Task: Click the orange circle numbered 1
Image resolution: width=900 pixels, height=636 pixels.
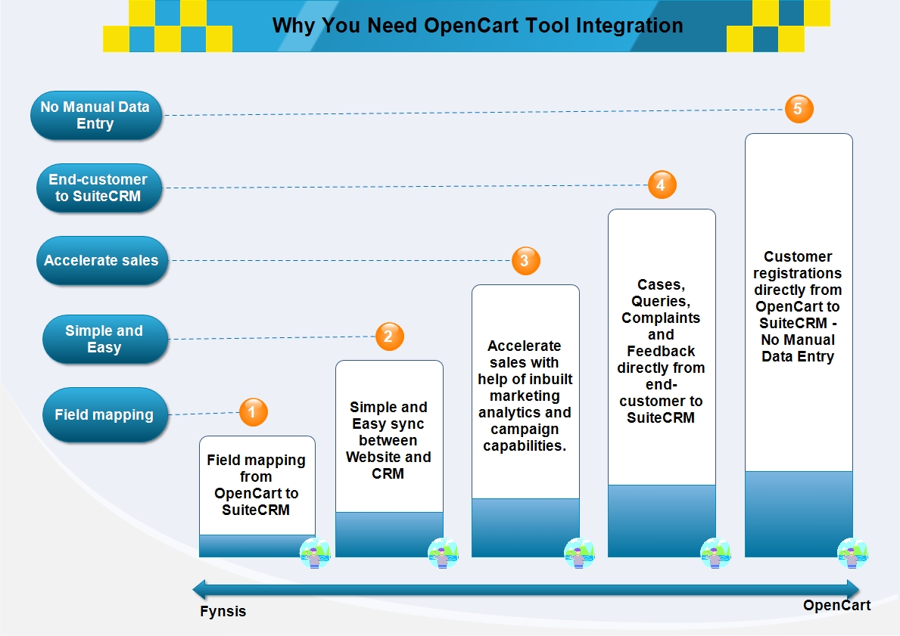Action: pos(253,411)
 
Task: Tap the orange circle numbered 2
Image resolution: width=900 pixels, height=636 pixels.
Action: pos(390,336)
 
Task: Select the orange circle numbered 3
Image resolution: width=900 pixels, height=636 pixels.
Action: pos(526,260)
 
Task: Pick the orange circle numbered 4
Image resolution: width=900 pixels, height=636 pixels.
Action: pos(662,185)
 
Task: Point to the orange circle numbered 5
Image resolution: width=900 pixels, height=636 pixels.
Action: pos(799,108)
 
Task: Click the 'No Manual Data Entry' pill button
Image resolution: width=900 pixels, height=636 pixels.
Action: pos(96,115)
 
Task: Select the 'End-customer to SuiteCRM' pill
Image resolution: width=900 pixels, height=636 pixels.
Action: pos(98,188)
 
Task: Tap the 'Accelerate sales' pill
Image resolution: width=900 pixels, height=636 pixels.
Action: pos(102,260)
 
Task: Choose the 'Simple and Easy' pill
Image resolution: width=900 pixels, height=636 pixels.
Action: pos(105,340)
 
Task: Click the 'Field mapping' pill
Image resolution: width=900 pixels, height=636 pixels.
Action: pos(105,414)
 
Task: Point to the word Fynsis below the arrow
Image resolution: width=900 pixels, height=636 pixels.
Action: pos(223,611)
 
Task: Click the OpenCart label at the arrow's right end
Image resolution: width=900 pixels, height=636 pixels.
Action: pos(837,605)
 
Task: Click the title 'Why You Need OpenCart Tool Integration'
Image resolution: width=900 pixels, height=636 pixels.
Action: pos(478,26)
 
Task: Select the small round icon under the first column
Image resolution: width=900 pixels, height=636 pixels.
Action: pos(315,554)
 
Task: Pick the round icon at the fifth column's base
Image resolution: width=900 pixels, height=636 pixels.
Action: pos(853,554)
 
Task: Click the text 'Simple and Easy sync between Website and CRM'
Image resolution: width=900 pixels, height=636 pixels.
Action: pos(388,440)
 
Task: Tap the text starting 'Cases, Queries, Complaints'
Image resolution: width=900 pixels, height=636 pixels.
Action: pos(662,351)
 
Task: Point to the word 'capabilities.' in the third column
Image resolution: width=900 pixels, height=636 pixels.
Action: pos(525,445)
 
